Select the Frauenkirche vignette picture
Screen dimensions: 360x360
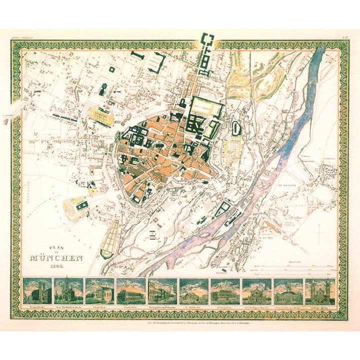(38, 291)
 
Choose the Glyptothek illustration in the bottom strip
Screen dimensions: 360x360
(100, 291)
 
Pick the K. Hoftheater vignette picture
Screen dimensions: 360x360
(193, 291)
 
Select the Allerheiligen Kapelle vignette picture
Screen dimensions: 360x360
(256, 291)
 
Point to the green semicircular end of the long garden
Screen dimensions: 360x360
(106, 253)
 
